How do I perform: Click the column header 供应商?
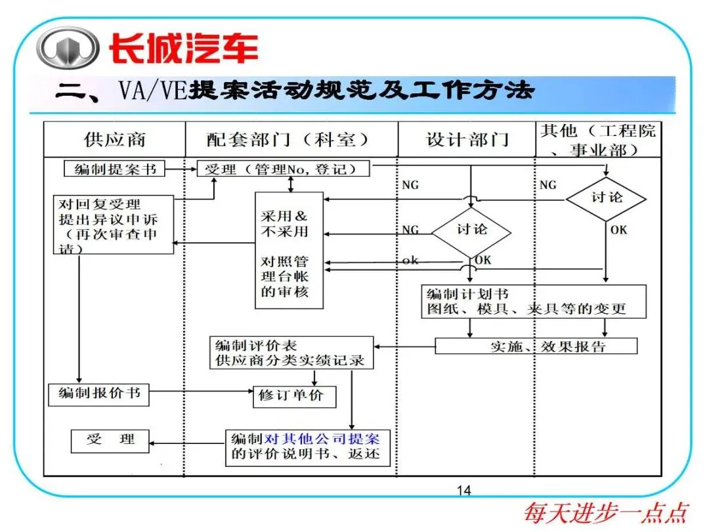click(114, 139)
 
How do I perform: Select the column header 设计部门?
click(467, 139)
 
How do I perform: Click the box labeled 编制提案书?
click(115, 169)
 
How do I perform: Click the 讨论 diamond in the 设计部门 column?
click(472, 229)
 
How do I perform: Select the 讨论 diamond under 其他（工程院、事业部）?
click(606, 197)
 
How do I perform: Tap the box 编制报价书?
click(98, 394)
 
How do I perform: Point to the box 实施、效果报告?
click(536, 346)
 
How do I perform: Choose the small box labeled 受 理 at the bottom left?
click(110, 441)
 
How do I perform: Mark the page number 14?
click(463, 491)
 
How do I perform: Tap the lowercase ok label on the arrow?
click(410, 261)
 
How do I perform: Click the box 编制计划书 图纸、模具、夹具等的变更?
click(533, 301)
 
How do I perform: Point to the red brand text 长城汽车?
click(183, 49)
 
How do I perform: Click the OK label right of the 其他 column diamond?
click(618, 230)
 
